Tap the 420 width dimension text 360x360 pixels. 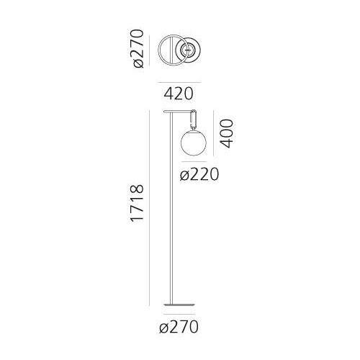[x=179, y=93]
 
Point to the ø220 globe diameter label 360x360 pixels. [x=199, y=174]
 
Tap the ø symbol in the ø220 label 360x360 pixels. [x=184, y=175]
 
